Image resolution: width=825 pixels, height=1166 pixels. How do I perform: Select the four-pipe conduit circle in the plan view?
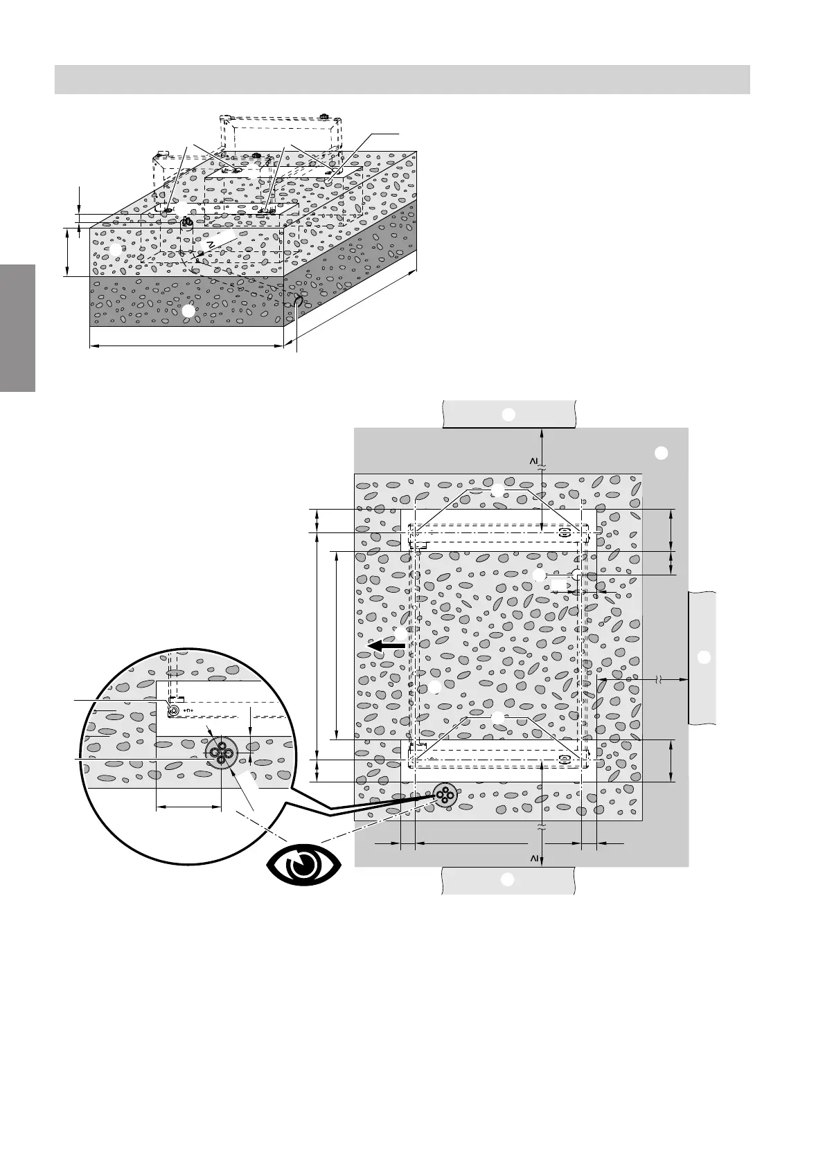tap(443, 796)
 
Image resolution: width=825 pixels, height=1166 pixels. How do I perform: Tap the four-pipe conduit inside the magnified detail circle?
tap(221, 751)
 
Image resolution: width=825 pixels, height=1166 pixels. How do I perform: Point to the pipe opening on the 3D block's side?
tap(298, 302)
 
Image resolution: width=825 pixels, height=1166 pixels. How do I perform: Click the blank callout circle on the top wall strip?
tap(508, 415)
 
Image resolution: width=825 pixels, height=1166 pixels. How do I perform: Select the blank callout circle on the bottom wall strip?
tap(508, 880)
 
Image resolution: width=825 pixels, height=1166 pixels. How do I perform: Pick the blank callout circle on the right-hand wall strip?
tap(703, 656)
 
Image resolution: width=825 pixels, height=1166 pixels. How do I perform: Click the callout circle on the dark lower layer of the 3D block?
tap(188, 312)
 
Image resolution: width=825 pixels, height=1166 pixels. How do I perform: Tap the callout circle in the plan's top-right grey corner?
tap(661, 454)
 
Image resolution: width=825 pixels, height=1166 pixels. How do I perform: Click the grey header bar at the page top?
tap(402, 79)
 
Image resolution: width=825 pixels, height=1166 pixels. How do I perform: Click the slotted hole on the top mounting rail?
tap(565, 533)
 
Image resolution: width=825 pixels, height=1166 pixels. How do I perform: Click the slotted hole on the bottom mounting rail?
tap(565, 759)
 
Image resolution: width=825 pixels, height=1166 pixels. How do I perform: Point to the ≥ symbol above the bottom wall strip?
tap(534, 859)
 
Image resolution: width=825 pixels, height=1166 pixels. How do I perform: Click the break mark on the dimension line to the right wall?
tap(658, 681)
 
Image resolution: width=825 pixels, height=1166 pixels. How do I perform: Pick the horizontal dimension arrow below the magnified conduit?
tap(188, 807)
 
